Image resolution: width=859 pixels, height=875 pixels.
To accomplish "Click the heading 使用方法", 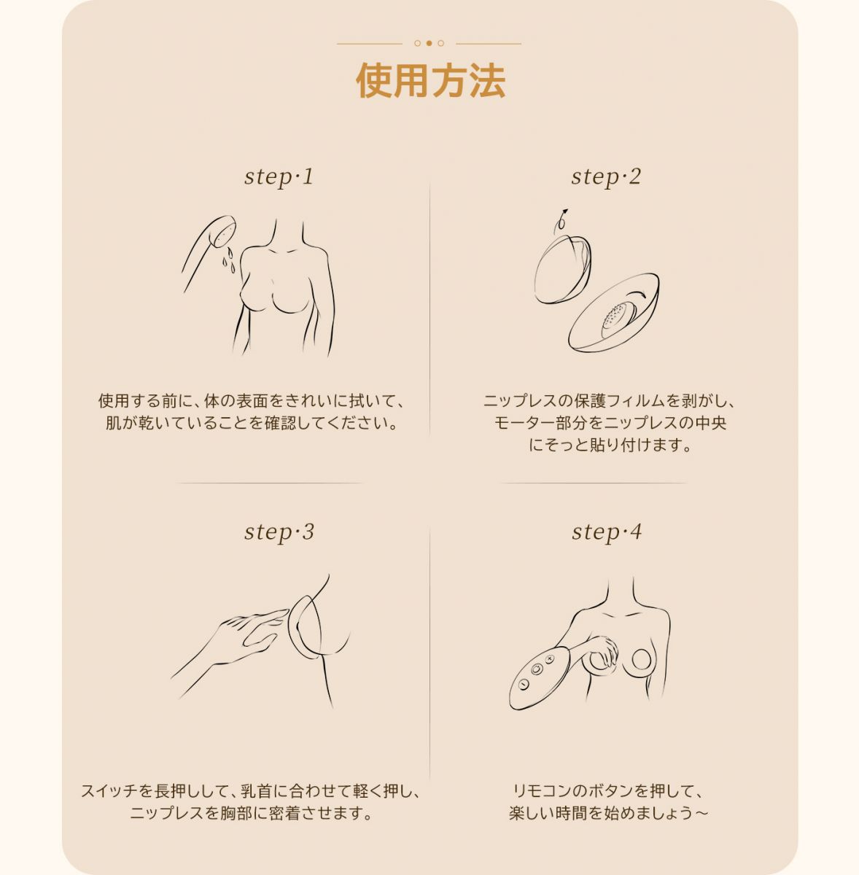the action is tap(430, 81).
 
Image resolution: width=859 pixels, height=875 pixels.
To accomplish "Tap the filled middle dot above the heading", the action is tap(429, 44).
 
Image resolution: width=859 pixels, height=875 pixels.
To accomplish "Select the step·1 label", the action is tap(279, 176).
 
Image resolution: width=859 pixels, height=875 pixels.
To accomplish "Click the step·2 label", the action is tap(606, 176).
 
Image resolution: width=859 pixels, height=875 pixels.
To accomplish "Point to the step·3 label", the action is tap(279, 532).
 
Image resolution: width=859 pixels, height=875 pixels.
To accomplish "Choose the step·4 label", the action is tap(607, 532).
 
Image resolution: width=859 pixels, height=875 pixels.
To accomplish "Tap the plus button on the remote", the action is tap(549, 659).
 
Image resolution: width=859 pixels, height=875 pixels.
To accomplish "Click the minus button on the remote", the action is tap(524, 683).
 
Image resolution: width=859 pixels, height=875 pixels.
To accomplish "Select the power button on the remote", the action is tap(537, 669).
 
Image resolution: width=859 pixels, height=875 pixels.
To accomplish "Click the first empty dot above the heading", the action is tap(417, 44).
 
